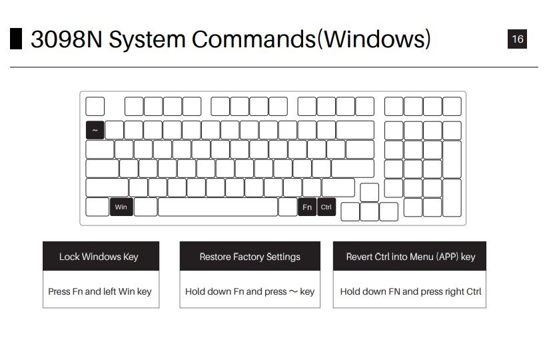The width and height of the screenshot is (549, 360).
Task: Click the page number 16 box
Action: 517,39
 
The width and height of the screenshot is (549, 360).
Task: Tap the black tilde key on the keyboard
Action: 95,130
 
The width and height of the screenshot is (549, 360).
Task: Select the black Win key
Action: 121,207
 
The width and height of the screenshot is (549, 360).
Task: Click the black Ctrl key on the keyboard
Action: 326,207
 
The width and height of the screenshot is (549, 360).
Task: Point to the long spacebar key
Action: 218,207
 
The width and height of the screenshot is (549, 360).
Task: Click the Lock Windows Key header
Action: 101,256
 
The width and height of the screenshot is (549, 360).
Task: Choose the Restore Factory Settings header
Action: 250,256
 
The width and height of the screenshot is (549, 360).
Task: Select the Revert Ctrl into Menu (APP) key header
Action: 410,256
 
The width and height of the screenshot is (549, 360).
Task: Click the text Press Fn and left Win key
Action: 100,291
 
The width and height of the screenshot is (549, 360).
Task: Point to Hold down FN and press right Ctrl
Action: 410,291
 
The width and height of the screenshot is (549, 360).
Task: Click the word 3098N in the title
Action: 66,40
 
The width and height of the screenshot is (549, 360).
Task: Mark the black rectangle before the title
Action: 16,39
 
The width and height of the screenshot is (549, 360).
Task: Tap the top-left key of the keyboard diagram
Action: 95,106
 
